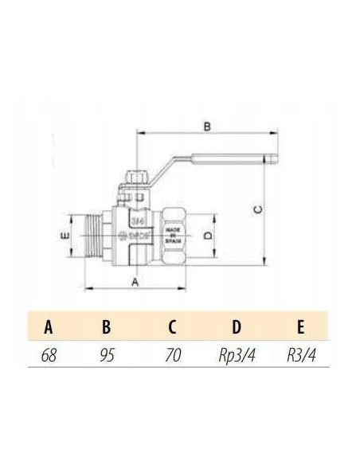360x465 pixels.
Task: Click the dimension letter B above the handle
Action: [x=206, y=126]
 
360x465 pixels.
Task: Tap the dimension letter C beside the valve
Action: [x=256, y=209]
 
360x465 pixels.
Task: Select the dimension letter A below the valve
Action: [x=135, y=281]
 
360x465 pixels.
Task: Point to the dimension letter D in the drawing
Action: [x=206, y=236]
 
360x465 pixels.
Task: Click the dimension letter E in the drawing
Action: [x=68, y=236]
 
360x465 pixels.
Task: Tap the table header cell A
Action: [x=49, y=327]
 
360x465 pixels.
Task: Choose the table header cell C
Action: [x=172, y=327]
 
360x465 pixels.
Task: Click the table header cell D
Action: [x=237, y=327]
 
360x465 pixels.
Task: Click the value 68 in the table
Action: [x=49, y=356]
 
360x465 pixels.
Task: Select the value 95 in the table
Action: [x=107, y=356]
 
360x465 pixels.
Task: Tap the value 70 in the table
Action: [x=172, y=356]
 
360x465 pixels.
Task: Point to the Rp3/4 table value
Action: [x=237, y=356]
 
